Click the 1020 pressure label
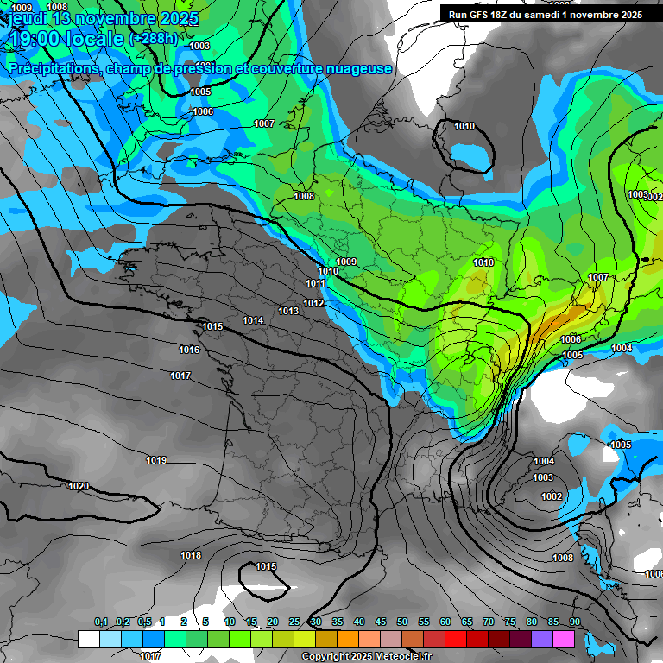click(79, 486)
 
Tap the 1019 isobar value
click(156, 460)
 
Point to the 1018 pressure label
click(191, 555)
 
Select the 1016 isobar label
click(189, 350)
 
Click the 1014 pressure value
click(253, 320)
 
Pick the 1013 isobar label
click(288, 311)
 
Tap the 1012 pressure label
click(313, 303)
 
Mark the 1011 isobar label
click(315, 283)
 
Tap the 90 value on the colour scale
click(574, 622)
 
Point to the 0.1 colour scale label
click(101, 622)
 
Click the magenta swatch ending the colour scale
click(564, 639)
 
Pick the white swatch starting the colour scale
click(88, 639)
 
